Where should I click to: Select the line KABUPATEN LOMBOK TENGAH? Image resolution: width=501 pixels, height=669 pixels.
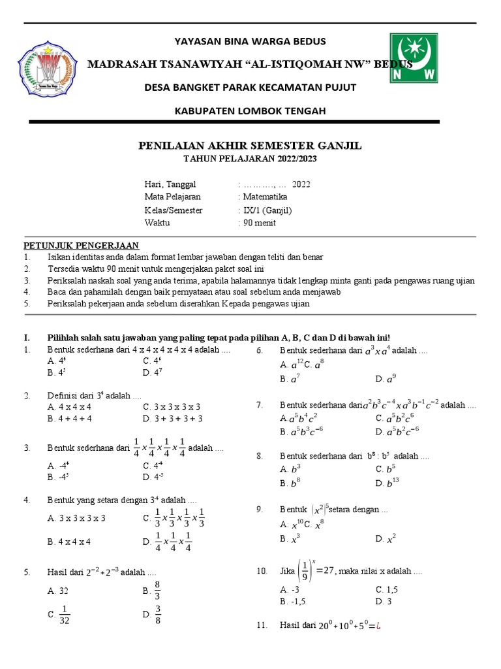click(250, 110)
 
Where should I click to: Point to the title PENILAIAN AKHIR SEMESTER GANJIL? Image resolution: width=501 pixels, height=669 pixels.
click(250, 145)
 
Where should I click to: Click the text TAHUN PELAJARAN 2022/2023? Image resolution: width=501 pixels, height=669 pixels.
click(250, 159)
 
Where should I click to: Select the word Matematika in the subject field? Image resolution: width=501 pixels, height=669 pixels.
click(264, 197)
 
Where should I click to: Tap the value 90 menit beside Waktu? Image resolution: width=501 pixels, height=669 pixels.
click(258, 223)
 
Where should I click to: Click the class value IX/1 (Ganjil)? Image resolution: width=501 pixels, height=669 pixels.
click(267, 210)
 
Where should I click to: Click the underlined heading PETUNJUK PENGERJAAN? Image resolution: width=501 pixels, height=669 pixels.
click(82, 246)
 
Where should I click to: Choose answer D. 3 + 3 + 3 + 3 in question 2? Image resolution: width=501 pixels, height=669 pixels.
click(172, 419)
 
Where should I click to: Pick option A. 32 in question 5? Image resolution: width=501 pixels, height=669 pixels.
click(58, 591)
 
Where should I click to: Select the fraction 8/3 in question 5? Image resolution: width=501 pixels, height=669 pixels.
click(157, 590)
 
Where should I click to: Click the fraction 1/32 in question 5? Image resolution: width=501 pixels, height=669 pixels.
click(64, 615)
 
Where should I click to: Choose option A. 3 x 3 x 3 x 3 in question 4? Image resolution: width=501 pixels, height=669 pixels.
click(76, 518)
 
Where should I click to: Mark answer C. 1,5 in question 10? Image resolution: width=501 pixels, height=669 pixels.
click(387, 589)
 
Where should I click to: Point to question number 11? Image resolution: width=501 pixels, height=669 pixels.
click(262, 625)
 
